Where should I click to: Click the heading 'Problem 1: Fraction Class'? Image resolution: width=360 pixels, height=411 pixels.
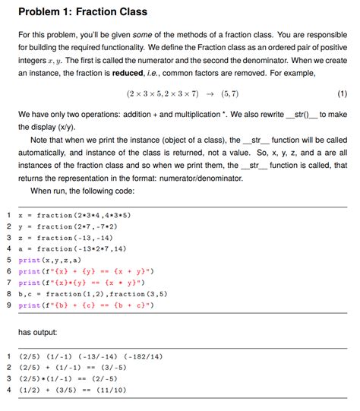83,12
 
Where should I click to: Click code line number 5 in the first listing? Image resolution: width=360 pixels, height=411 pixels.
8,260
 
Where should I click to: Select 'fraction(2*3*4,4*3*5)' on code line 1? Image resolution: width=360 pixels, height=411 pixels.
90,215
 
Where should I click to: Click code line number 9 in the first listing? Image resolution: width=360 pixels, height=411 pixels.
8,305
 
